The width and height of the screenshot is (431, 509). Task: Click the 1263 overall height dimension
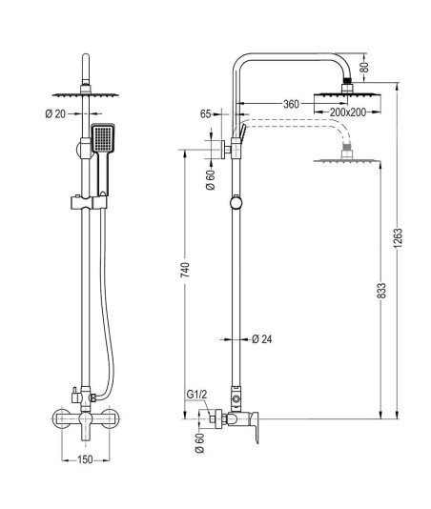coord(399,238)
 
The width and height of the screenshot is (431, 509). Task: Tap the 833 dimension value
coord(382,291)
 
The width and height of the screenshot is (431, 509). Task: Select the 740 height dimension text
coord(185,270)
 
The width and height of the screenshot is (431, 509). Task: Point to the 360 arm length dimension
coord(291,104)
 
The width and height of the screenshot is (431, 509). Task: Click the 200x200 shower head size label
coord(348,112)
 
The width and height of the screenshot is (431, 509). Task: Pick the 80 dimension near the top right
coord(365,67)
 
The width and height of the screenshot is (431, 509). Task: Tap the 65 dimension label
coord(205,114)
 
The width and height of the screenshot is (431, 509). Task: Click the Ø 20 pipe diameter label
coord(55,114)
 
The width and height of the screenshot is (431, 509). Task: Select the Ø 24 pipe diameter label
coord(262,339)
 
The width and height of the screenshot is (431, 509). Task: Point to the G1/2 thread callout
coord(196,395)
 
